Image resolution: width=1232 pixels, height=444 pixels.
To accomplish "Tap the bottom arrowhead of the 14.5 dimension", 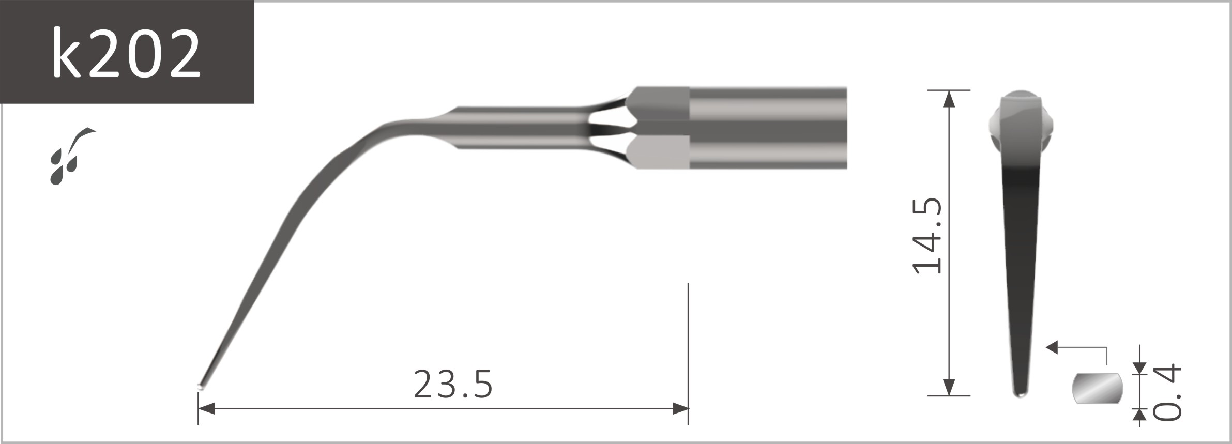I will tap(948, 387).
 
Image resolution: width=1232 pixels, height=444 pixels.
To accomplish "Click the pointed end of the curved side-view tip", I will tap(201, 386).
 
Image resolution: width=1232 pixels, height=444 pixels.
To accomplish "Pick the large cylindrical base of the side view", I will tap(768, 128).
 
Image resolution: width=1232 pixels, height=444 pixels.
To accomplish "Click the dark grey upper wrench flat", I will tap(659, 103).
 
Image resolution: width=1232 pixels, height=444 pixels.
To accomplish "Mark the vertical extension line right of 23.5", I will tap(688, 351).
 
